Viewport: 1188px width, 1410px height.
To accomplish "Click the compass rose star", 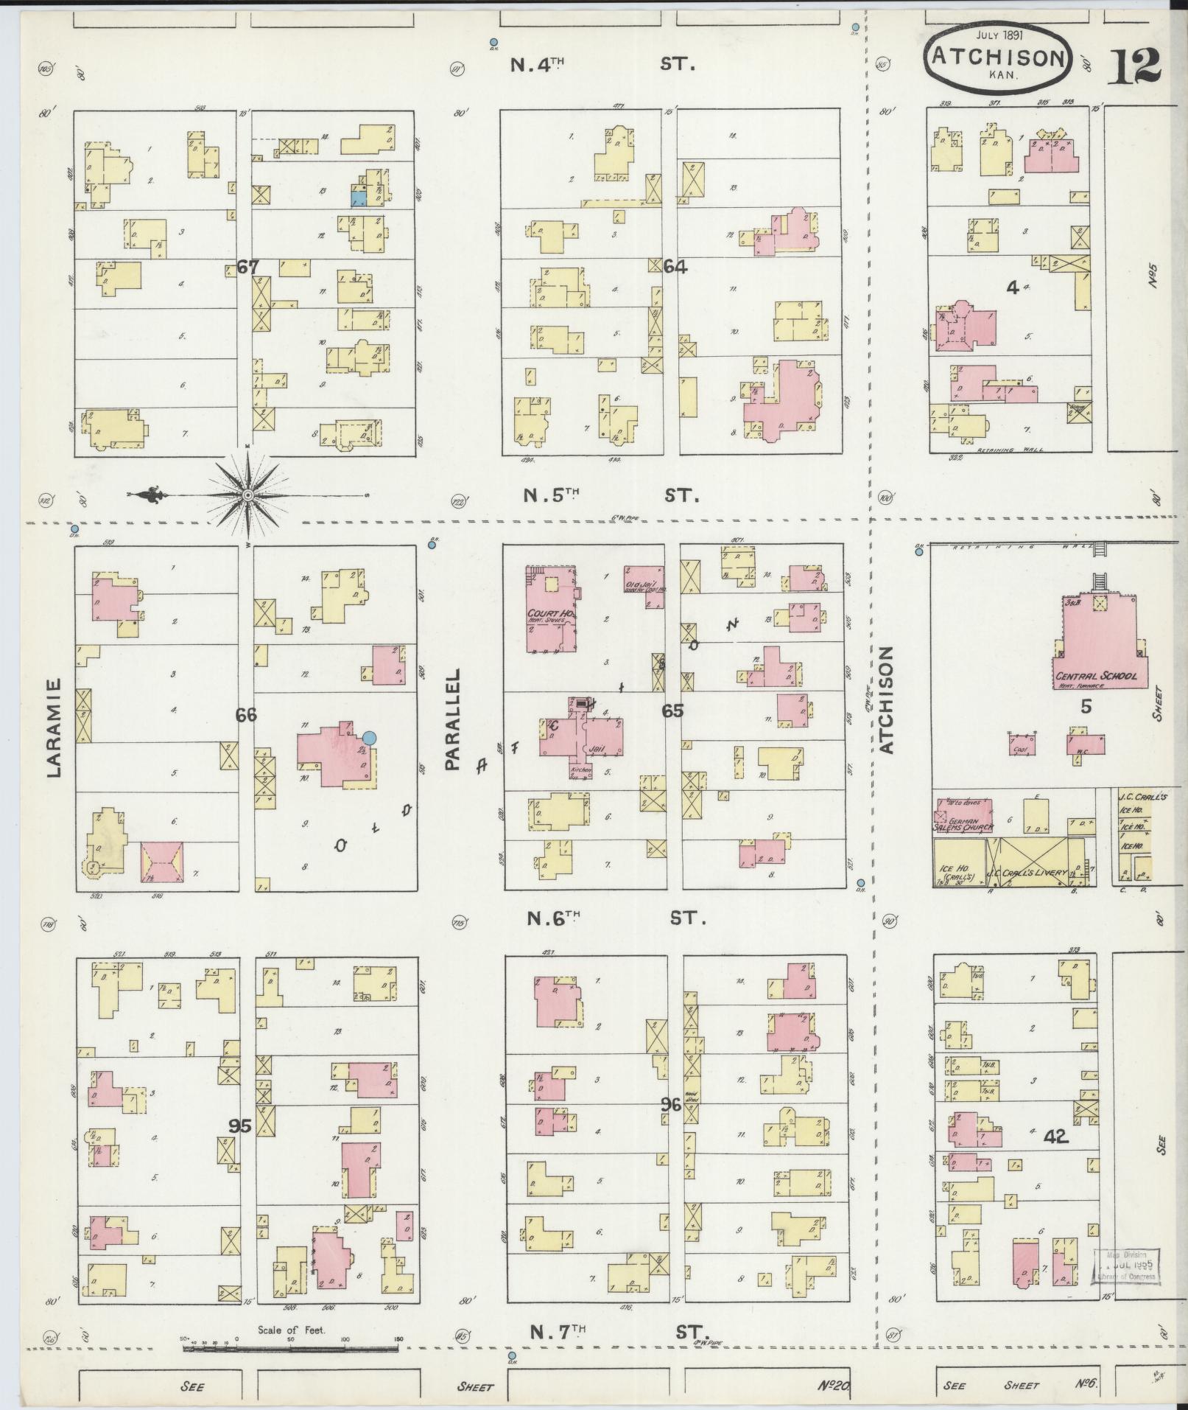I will (248, 495).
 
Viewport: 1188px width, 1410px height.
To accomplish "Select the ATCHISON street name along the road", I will (886, 699).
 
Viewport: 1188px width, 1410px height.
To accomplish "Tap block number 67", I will (248, 267).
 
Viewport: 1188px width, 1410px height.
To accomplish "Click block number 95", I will (240, 1126).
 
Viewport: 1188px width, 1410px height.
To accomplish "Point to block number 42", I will (1055, 1157).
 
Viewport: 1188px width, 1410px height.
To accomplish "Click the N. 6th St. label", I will (616, 918).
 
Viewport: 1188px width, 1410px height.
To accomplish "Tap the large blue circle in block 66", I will (370, 737).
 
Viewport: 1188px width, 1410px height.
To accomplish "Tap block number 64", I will (675, 267).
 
